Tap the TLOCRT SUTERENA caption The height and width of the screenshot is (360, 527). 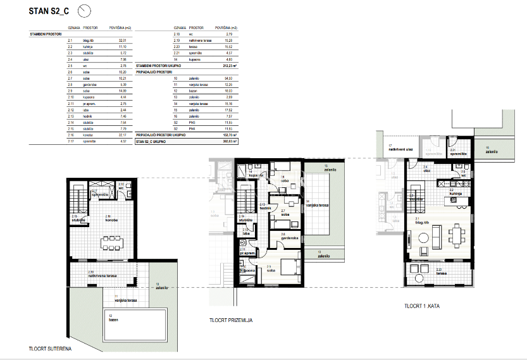(x=49, y=349)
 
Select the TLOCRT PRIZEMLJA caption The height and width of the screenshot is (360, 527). (x=232, y=320)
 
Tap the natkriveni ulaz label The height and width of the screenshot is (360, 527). (x=396, y=150)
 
